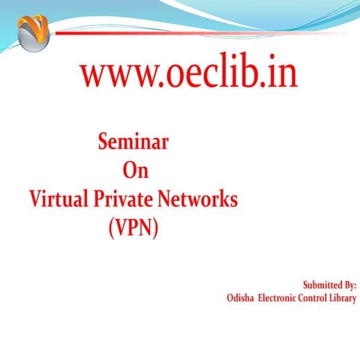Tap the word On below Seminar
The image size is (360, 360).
(135, 171)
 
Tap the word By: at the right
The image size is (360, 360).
(348, 285)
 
